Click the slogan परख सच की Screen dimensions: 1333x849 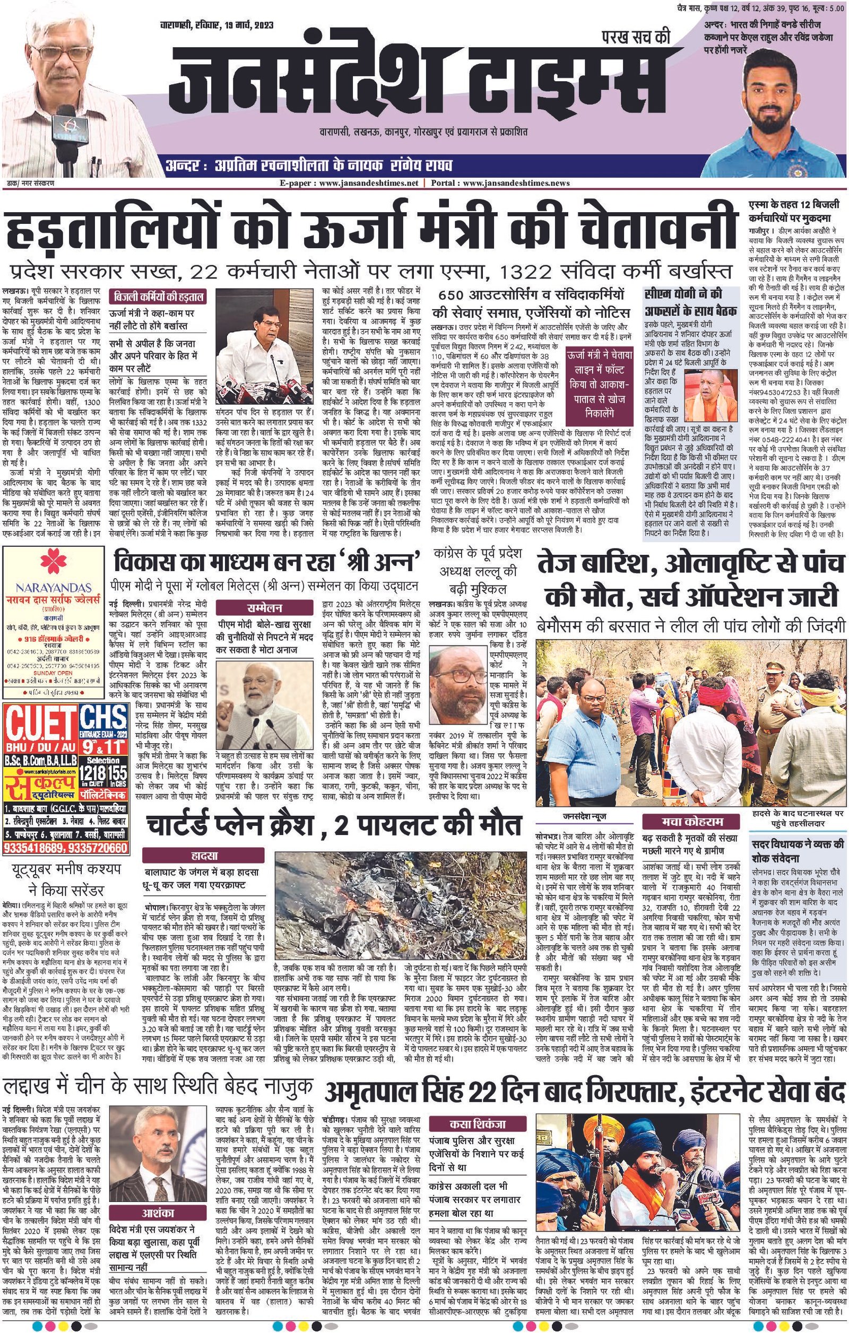pos(636,38)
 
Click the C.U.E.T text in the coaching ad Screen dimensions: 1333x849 pos(41,720)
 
